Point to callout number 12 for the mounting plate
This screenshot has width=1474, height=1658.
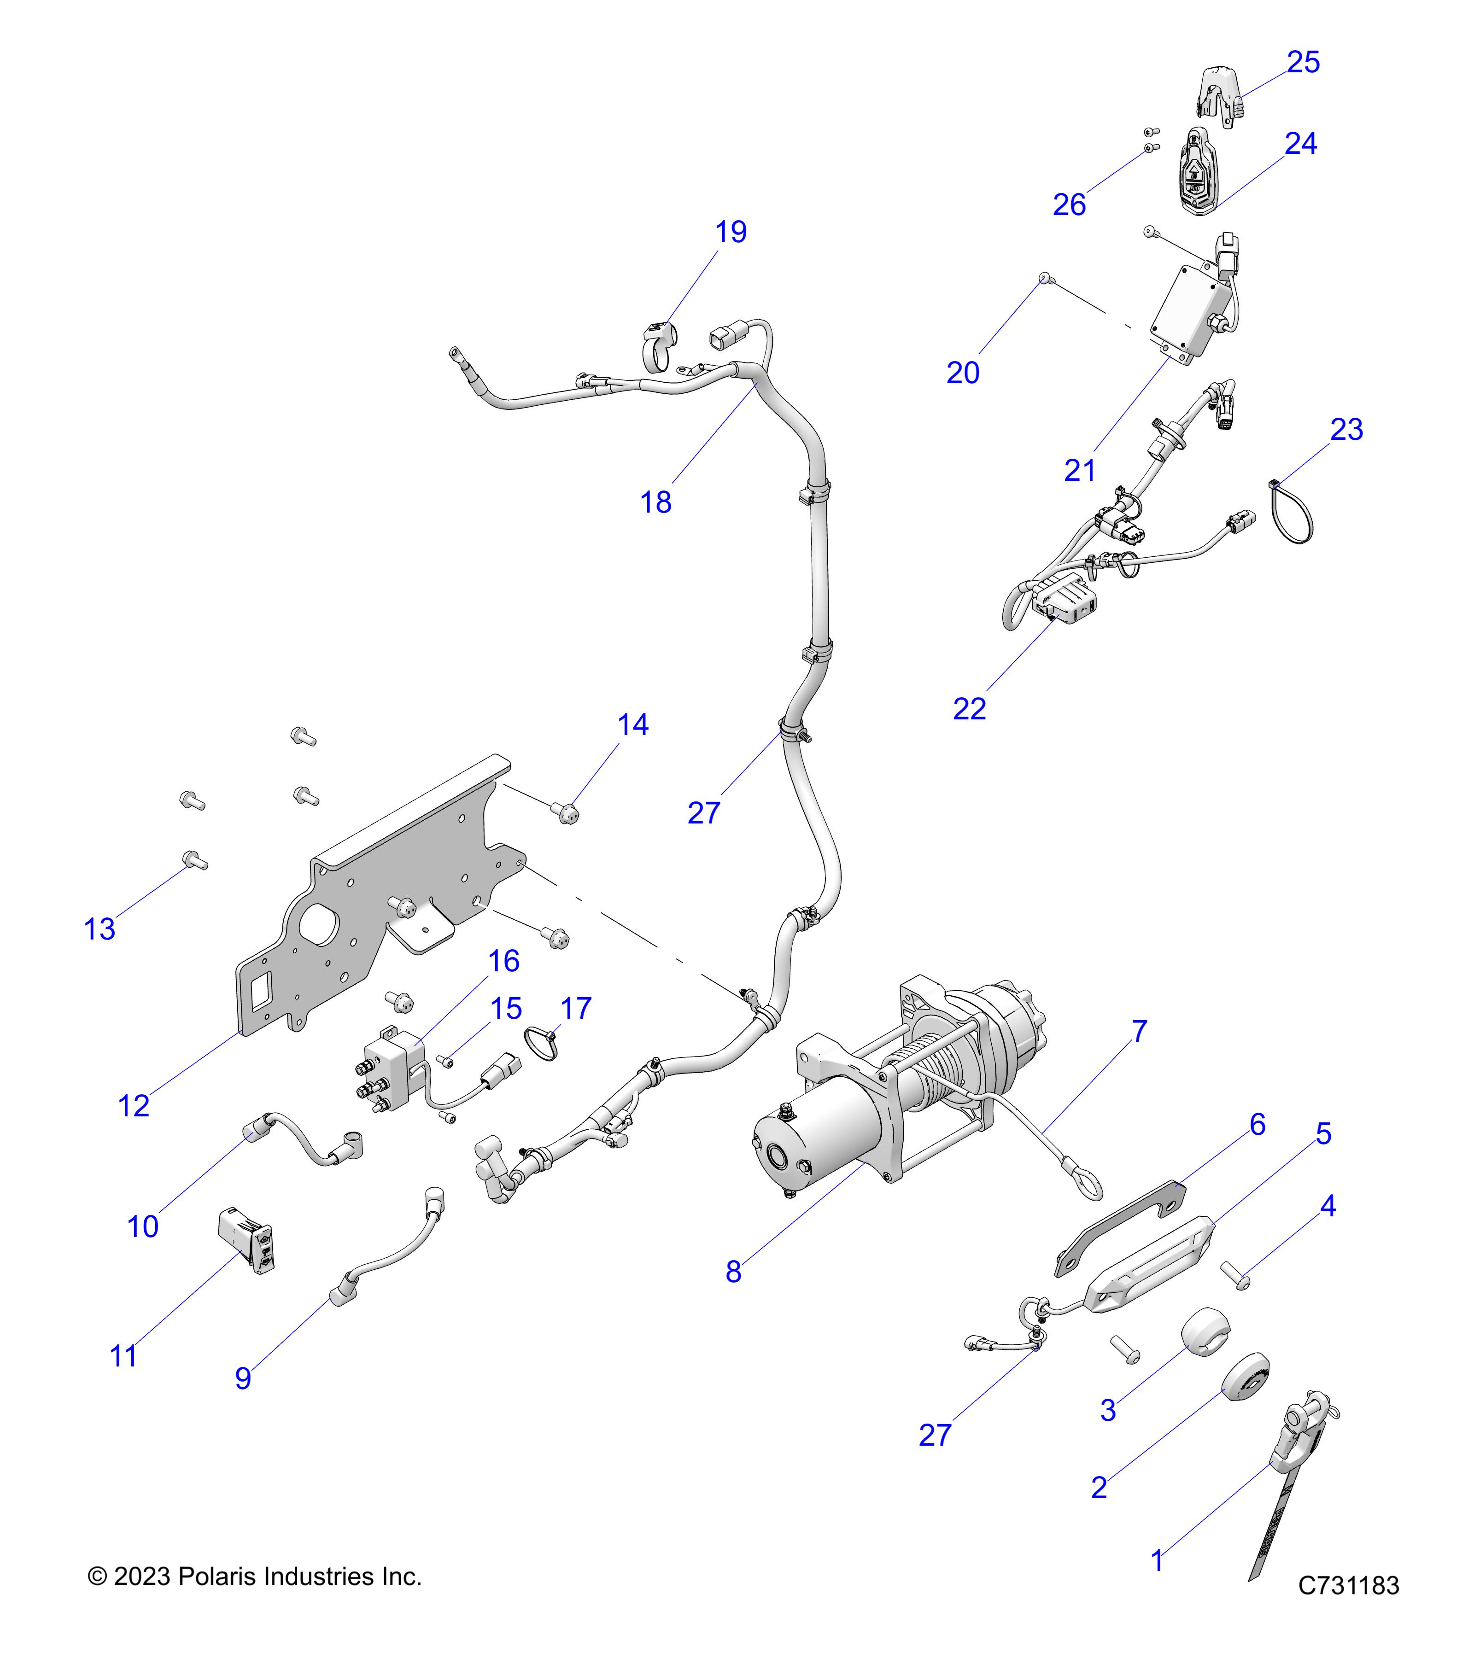point(134,1106)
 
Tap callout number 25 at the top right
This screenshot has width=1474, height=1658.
point(1303,63)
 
